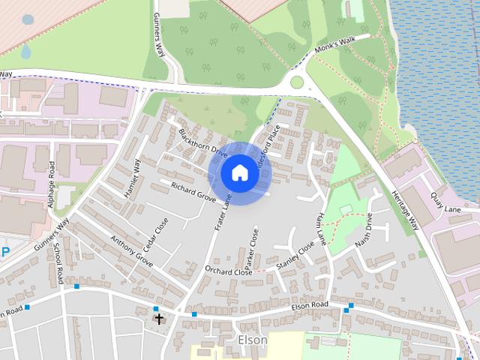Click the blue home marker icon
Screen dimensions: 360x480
(x=239, y=173)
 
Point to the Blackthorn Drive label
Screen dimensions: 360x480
(x=202, y=141)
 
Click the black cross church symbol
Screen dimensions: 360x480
(x=158, y=319)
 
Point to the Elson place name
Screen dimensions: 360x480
(x=252, y=340)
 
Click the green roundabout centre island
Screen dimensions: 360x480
(x=297, y=82)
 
